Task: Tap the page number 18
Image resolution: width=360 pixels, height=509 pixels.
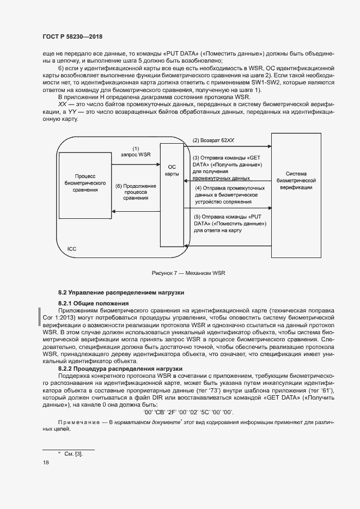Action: pyautogui.click(x=45, y=462)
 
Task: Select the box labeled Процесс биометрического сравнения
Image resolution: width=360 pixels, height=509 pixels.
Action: pyautogui.click(x=85, y=183)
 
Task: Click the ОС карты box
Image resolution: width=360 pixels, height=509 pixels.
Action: pyautogui.click(x=172, y=170)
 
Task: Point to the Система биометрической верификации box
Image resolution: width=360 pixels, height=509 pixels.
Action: pyautogui.click(x=296, y=180)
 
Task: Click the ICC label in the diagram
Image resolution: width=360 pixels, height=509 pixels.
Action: pyautogui.click(x=71, y=248)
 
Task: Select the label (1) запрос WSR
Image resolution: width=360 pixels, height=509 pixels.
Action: pyautogui.click(x=136, y=151)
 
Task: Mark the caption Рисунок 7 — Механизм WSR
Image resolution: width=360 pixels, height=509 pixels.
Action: pyautogui.click(x=188, y=273)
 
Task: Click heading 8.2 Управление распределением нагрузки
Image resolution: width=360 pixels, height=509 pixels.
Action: pyautogui.click(x=121, y=292)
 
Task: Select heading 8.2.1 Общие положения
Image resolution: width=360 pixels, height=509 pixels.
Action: pyautogui.click(x=93, y=303)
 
